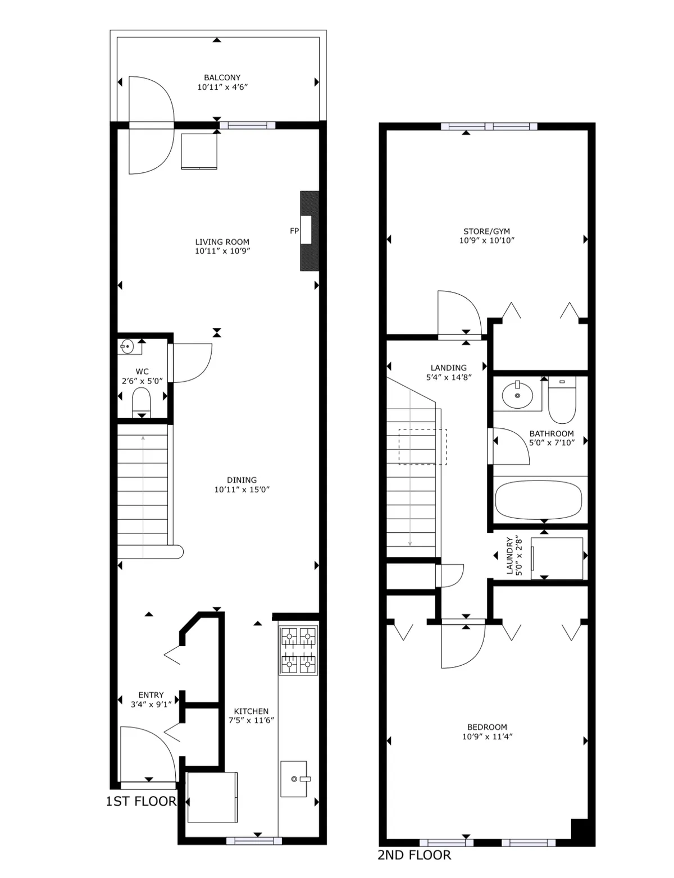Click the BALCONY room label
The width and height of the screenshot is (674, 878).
pos(222,77)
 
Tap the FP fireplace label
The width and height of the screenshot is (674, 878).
pos(294,231)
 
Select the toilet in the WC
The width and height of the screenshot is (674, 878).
pos(142,402)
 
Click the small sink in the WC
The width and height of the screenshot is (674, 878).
pos(126,347)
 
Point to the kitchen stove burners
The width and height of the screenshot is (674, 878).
pos(298,650)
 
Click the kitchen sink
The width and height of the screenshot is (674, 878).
pos(294,779)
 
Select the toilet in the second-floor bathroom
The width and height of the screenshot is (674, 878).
pos(562,402)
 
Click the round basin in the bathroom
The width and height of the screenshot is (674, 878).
pos(517,395)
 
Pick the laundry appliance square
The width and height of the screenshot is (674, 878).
pos(557,558)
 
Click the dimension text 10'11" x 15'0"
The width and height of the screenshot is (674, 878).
pos(242,490)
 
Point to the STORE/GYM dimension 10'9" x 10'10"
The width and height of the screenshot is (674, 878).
pos(487,240)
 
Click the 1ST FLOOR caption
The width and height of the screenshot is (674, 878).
pos(141,801)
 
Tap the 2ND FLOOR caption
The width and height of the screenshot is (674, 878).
pos(414,855)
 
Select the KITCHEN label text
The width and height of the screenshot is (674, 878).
pos(251,711)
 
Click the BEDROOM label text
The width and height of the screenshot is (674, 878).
pos(487,727)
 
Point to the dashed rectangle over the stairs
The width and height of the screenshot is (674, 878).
pos(422,447)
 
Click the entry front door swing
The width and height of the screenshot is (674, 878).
pos(145,752)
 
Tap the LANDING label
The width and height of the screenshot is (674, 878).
pos(449,368)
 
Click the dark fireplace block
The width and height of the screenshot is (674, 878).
pos(309,231)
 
